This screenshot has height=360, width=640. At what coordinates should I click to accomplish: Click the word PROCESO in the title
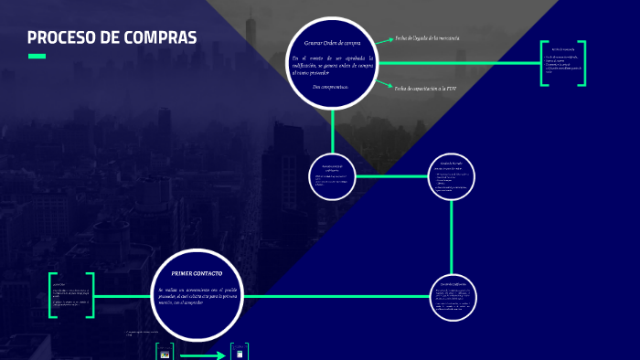(59, 38)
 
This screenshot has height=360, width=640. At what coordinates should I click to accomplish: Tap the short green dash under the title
(37, 57)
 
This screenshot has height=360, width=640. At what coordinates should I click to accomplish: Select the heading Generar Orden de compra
(332, 43)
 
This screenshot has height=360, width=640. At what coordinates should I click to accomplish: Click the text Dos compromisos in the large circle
(329, 87)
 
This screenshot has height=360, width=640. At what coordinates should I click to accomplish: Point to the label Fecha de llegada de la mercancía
(426, 38)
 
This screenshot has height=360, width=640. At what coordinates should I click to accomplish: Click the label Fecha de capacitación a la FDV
(426, 89)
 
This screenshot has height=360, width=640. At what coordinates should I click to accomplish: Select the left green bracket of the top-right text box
(544, 64)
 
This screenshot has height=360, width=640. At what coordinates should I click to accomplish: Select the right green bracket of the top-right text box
(595, 64)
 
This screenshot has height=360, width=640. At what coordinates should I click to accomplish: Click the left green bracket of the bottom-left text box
(53, 295)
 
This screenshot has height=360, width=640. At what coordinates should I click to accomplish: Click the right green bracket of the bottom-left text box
(91, 295)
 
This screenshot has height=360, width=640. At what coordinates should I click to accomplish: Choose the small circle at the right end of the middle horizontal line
(453, 175)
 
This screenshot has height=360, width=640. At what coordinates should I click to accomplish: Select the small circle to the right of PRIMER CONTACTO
(453, 295)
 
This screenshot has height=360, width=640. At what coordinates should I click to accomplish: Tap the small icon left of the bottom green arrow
(165, 354)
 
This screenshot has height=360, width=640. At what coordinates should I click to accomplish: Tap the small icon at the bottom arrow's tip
(240, 354)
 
